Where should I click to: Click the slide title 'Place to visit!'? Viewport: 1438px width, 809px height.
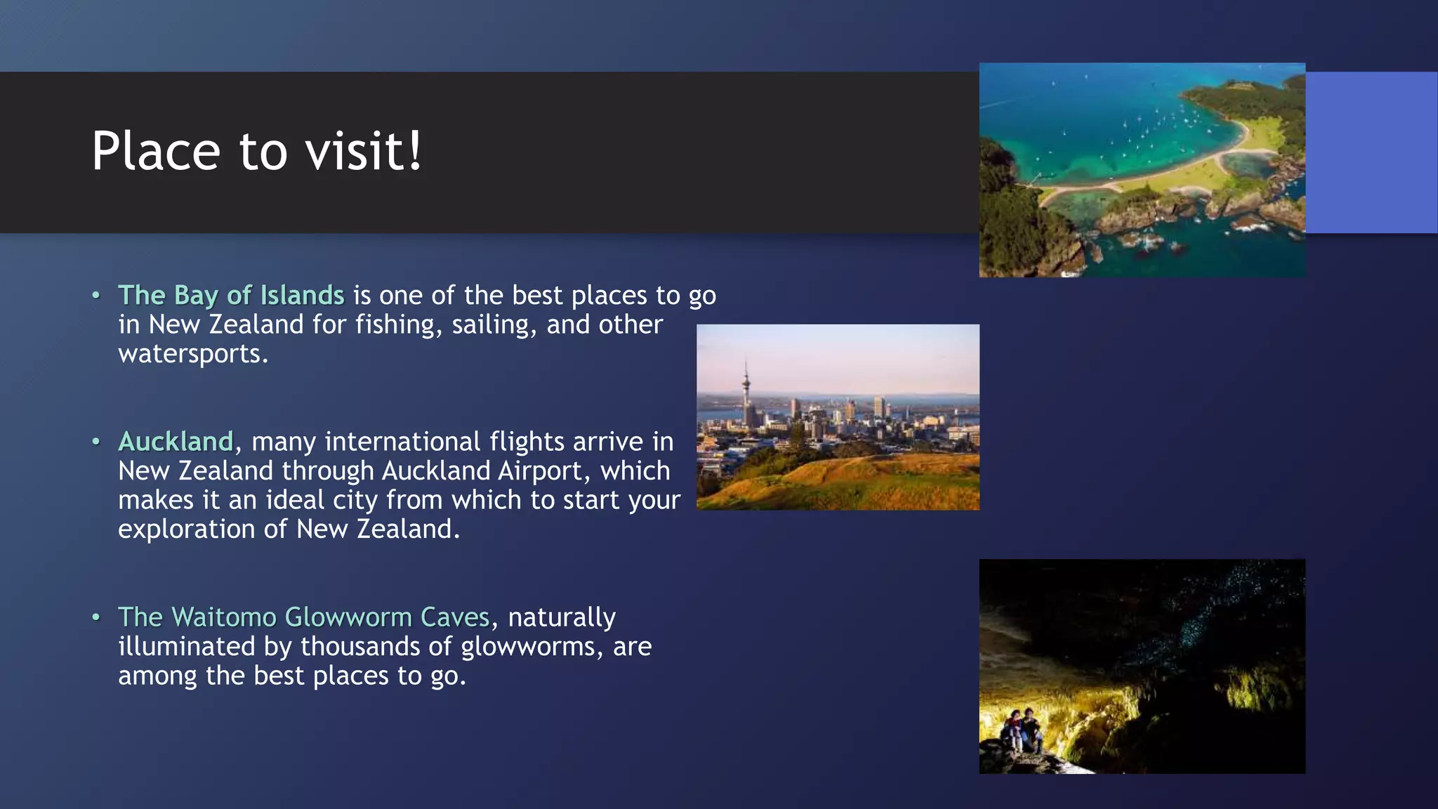pyautogui.click(x=257, y=151)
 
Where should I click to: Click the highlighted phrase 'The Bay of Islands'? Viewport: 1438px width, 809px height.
pyautogui.click(x=231, y=296)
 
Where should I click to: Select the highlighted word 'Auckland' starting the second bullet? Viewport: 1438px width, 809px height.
pyautogui.click(x=176, y=442)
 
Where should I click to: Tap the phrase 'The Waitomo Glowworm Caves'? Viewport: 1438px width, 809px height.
pyautogui.click(x=303, y=617)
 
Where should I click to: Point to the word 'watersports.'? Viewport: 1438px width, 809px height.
pyautogui.click(x=193, y=354)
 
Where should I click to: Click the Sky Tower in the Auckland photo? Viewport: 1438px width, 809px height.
pyautogui.click(x=746, y=393)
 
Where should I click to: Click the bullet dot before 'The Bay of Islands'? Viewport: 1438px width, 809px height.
pyautogui.click(x=96, y=296)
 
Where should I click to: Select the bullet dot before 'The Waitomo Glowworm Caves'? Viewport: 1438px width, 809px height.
pyautogui.click(x=96, y=617)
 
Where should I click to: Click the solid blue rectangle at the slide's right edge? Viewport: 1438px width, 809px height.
pyautogui.click(x=1371, y=152)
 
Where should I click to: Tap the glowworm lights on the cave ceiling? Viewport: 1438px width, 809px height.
pyautogui.click(x=1208, y=611)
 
